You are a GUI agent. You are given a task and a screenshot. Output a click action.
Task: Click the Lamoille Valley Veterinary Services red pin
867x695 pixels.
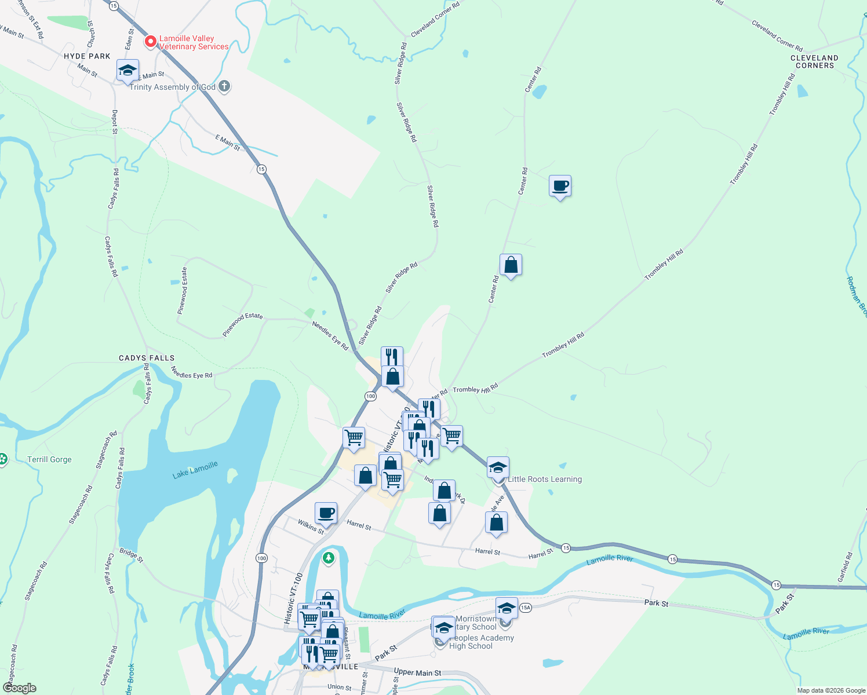tap(151, 42)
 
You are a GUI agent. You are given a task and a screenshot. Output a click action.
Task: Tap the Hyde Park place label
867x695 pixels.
tap(87, 56)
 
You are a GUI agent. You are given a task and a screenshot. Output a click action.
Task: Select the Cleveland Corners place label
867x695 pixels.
tap(814, 61)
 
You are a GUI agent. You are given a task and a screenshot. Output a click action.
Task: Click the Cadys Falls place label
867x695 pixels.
tap(147, 358)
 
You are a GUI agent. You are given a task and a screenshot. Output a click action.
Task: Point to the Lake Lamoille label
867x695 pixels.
tap(195, 470)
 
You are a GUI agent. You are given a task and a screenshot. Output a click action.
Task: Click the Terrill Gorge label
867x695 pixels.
tap(49, 459)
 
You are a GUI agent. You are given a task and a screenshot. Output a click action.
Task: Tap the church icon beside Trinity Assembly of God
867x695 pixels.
tap(224, 87)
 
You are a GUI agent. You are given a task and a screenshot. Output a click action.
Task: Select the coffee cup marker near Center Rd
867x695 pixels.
tap(560, 186)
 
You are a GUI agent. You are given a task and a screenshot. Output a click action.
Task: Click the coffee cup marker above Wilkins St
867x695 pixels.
tap(326, 513)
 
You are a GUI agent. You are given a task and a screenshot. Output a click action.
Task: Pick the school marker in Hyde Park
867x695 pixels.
tap(128, 71)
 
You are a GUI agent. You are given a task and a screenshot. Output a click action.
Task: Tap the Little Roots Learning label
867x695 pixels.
tap(544, 479)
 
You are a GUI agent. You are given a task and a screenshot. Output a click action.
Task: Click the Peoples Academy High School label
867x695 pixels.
tap(481, 642)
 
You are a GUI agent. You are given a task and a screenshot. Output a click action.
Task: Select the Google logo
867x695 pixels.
tap(19, 688)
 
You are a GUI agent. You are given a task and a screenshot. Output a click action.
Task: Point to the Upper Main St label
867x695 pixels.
tap(417, 672)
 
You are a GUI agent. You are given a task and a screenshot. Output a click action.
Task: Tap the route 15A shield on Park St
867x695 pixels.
tap(525, 608)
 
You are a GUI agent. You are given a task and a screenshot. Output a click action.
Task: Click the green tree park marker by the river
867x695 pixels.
tap(329, 558)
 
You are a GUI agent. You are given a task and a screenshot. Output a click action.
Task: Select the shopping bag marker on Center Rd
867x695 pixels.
tap(511, 265)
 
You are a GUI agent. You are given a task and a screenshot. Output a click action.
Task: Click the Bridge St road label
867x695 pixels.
tap(131, 554)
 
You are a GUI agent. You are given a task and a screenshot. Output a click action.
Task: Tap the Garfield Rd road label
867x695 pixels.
tap(846, 567)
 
